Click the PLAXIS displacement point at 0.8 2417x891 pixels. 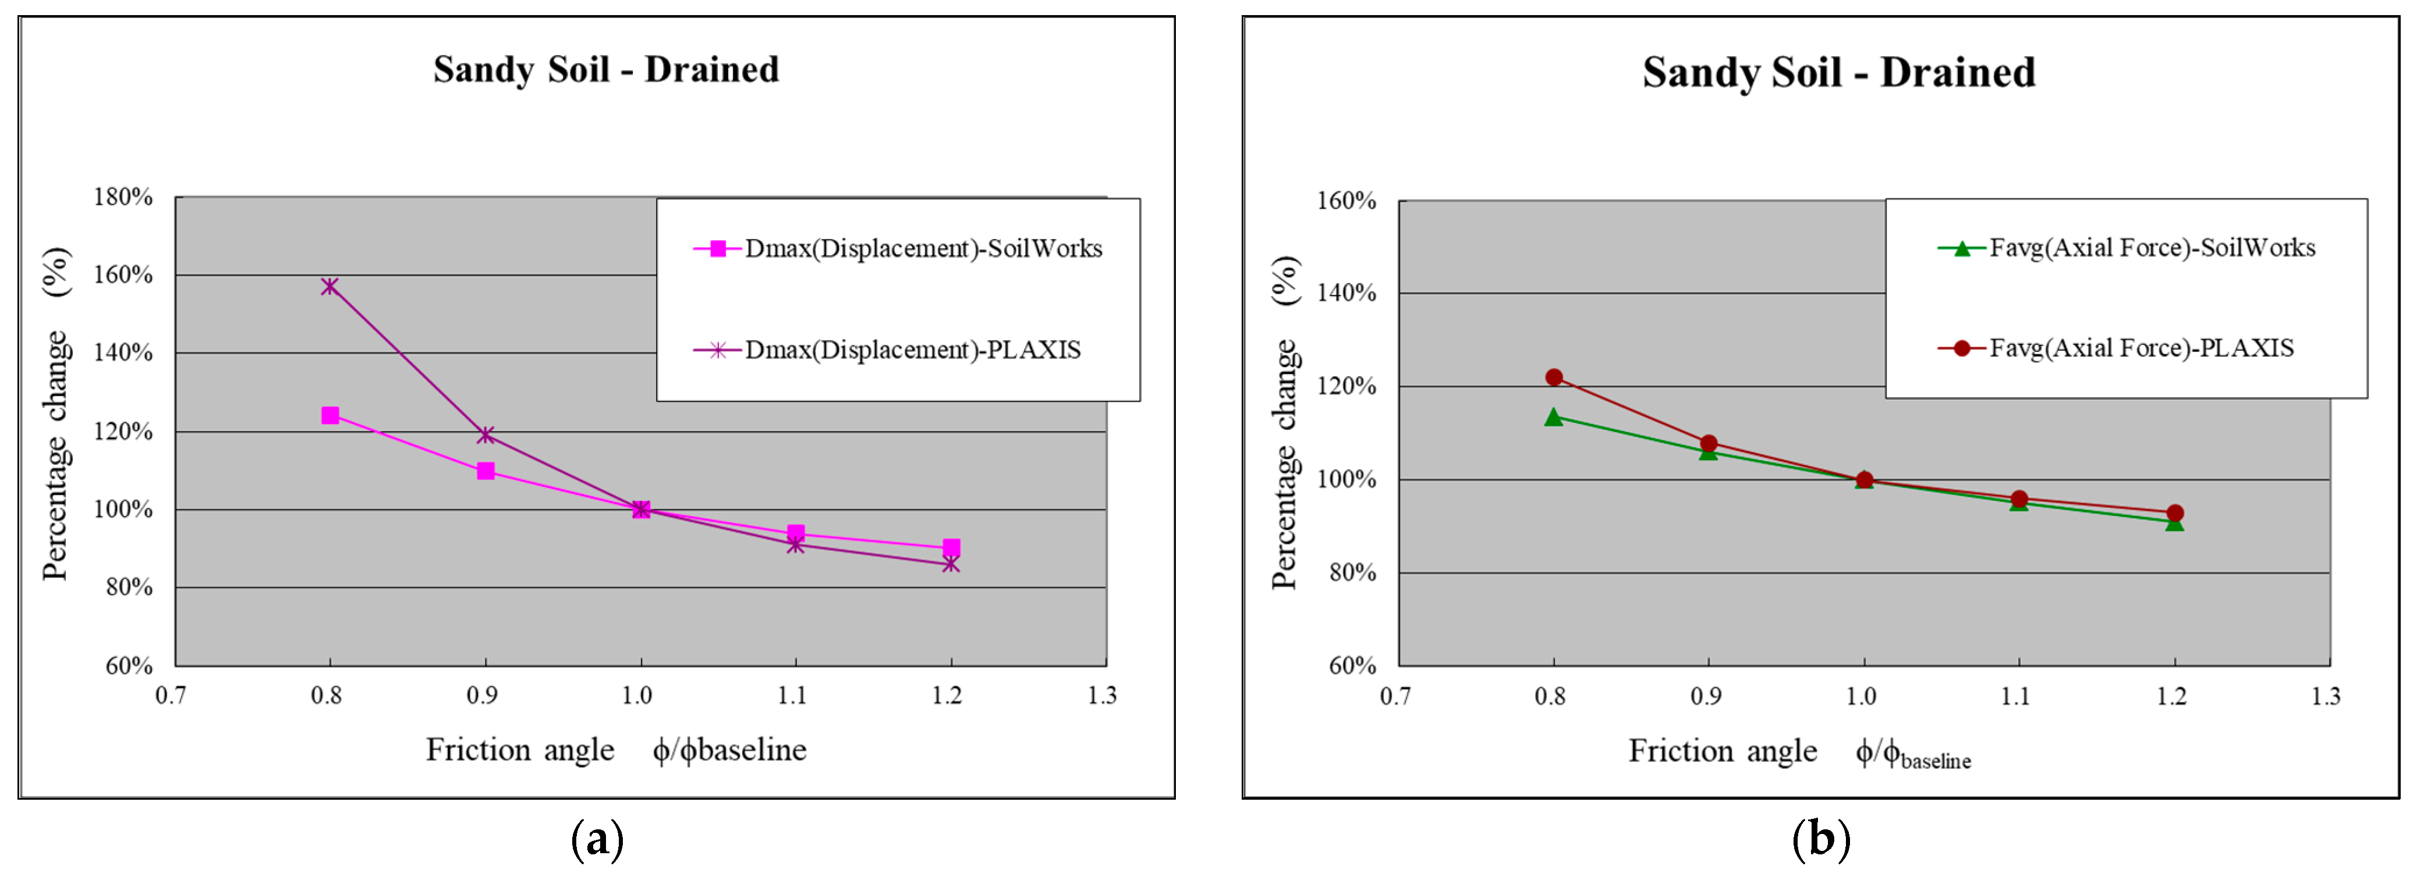click(x=329, y=286)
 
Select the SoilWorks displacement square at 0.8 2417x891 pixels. click(x=330, y=415)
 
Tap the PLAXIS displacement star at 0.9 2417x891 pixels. click(x=485, y=435)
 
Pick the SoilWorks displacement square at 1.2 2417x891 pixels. click(x=951, y=548)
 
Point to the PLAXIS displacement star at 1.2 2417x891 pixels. click(x=951, y=564)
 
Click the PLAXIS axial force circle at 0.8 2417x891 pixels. click(x=1554, y=377)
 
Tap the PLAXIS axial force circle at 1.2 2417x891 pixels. click(x=2175, y=513)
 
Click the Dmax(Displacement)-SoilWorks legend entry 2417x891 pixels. click(x=899, y=248)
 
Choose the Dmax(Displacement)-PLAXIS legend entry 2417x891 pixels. click(x=888, y=350)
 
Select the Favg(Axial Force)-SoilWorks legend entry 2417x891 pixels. click(x=2128, y=248)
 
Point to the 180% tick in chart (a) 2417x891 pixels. click(x=123, y=197)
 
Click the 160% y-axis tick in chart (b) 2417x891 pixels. click(x=1346, y=201)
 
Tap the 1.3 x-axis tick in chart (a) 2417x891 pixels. click(x=1103, y=695)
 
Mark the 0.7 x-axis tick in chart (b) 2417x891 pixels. click(x=1395, y=696)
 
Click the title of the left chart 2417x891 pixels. click(x=606, y=69)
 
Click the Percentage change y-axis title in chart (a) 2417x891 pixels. click(x=56, y=413)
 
